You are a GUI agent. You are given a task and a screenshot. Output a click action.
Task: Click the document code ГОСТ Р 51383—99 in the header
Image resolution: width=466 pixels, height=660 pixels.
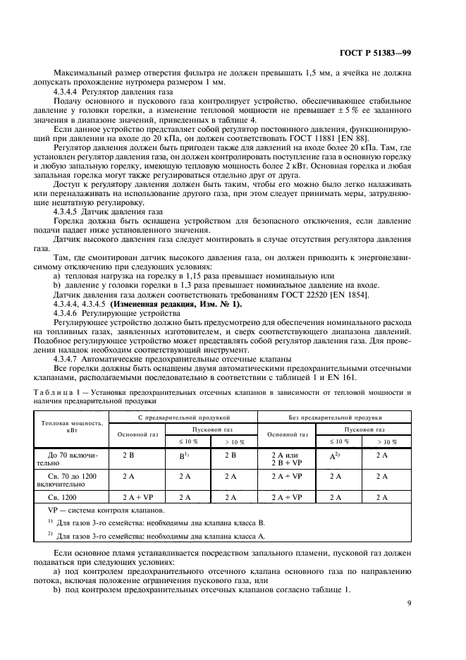click(396, 53)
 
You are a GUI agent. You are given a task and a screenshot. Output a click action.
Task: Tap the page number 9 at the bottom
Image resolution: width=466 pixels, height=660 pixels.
click(410, 603)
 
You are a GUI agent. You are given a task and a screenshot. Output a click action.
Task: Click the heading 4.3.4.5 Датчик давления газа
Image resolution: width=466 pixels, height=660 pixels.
click(108, 211)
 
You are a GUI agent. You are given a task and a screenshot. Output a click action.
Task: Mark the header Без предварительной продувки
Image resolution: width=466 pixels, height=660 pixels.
click(331, 416)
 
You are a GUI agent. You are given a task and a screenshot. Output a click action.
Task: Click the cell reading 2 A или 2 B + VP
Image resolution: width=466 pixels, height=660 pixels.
click(285, 460)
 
